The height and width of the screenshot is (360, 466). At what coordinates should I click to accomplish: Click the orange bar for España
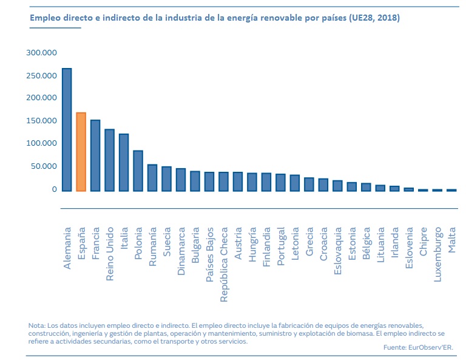point(81,152)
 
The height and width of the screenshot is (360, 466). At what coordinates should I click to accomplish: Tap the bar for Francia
point(95,155)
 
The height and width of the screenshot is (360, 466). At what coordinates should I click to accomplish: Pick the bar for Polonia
point(138,171)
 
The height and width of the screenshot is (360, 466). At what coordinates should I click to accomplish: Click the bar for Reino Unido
point(109,160)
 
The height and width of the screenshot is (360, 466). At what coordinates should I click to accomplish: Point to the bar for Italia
point(124,162)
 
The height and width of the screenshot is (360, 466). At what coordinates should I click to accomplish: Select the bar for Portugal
point(280,182)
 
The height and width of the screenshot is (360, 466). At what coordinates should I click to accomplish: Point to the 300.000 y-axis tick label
point(42,53)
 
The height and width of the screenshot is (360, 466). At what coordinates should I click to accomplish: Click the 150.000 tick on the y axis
point(42,121)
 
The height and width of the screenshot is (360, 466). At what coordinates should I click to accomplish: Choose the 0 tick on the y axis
point(54,189)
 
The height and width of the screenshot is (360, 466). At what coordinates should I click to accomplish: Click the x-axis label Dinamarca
point(181,252)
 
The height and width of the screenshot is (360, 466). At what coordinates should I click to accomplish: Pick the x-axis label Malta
point(452,240)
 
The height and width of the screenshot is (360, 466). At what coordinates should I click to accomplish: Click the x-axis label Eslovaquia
point(338,251)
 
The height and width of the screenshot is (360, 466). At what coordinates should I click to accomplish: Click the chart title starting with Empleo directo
point(215,19)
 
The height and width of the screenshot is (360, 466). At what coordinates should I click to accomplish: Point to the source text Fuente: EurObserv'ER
point(418,347)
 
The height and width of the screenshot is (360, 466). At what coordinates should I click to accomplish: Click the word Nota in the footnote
point(36,326)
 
